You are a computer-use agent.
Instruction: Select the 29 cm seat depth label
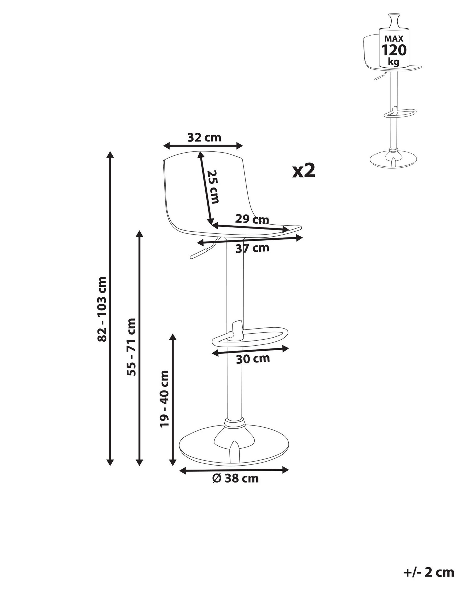point(252,220)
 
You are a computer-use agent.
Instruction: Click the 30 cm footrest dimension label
point(253,359)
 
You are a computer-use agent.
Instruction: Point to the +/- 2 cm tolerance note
point(429,572)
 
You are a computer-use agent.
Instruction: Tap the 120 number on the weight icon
point(394,50)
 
